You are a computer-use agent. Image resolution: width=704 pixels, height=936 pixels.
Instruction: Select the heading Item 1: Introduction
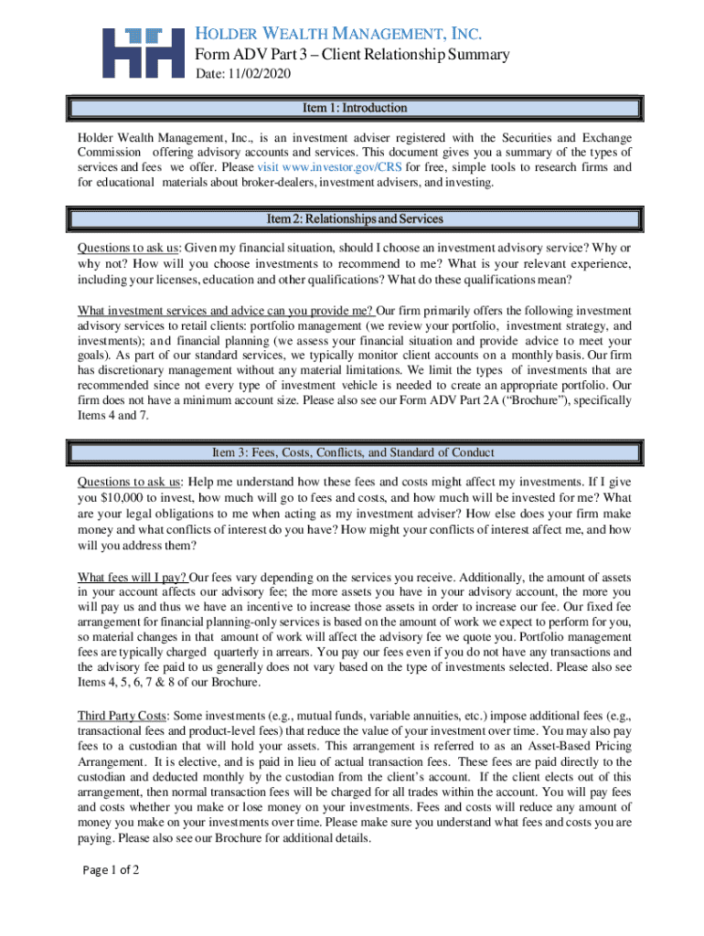pyautogui.click(x=355, y=108)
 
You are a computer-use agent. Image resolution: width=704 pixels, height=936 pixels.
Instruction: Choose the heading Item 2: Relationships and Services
pyautogui.click(x=355, y=219)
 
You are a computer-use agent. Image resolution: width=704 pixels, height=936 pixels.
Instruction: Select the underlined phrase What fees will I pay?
pyautogui.click(x=133, y=578)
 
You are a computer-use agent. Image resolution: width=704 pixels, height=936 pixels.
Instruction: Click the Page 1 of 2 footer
pyautogui.click(x=109, y=870)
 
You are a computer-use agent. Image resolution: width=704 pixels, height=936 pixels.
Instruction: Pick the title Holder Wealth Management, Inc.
pyautogui.click(x=339, y=34)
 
